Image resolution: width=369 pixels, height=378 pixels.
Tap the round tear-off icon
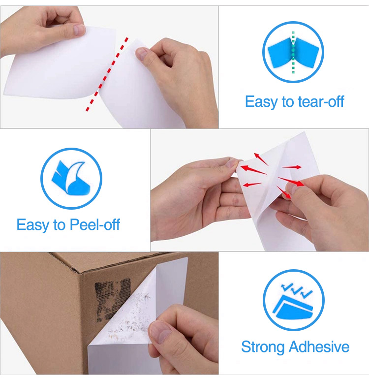coord(293,52)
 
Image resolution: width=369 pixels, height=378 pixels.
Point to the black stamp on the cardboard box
coord(112,295)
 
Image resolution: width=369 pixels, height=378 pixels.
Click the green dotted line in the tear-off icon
coord(293,52)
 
